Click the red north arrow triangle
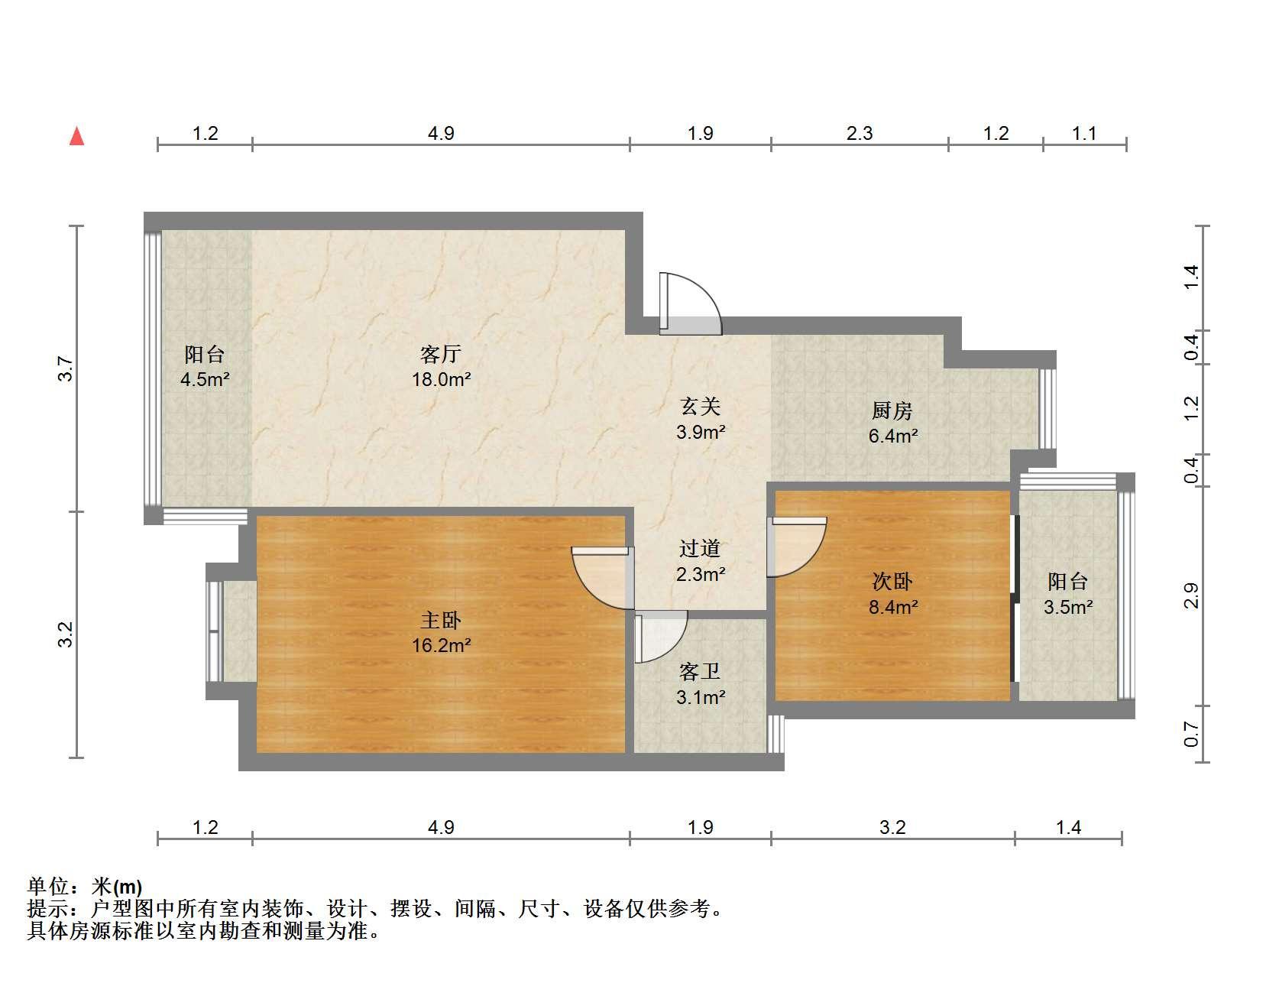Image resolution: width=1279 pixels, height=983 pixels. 76,137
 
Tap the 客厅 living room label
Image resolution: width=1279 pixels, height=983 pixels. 441,355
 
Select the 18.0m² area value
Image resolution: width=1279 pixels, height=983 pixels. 441,379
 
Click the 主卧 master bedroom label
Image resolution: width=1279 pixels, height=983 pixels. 441,621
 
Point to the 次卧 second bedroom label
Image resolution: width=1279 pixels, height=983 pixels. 892,582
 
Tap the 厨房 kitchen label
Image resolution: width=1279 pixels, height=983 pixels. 892,411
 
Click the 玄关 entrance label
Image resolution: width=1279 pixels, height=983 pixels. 700,407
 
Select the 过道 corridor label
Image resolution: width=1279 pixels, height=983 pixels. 700,549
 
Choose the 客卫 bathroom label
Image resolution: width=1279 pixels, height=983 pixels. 700,673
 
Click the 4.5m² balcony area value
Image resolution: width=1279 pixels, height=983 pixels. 205,379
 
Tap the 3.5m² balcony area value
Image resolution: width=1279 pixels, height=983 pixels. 1068,608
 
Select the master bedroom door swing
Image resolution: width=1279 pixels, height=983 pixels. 602,577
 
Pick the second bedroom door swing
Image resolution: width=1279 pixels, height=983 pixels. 797,547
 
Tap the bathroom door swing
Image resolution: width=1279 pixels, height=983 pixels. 661,637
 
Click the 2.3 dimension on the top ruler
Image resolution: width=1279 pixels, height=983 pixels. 860,134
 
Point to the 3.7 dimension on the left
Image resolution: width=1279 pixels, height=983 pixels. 67,370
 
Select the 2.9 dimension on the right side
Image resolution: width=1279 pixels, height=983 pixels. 1191,595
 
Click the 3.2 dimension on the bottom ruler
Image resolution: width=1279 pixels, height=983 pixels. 892,828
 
